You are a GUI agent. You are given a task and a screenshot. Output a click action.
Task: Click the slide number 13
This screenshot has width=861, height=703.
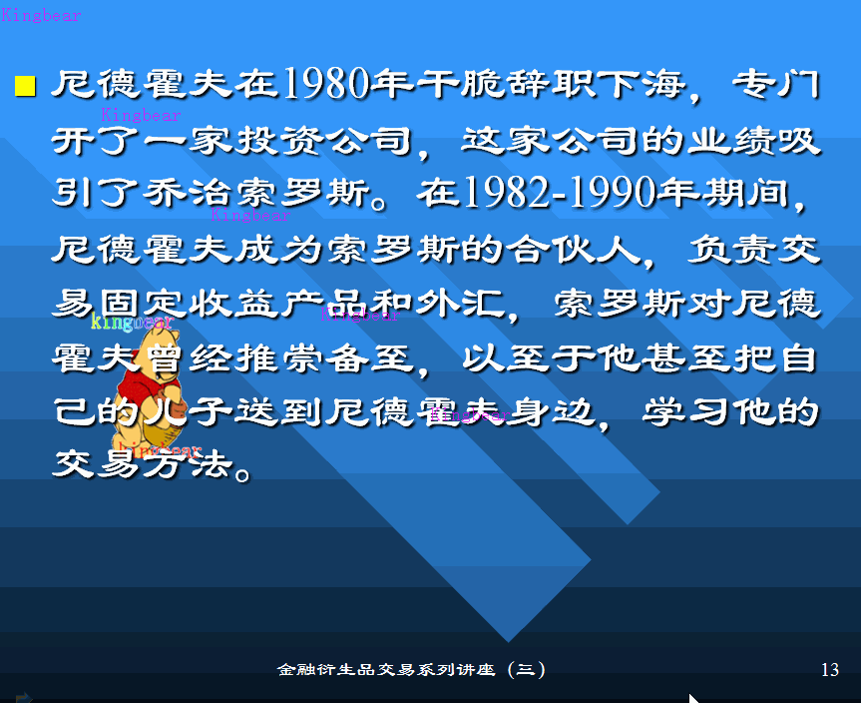(829, 670)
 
